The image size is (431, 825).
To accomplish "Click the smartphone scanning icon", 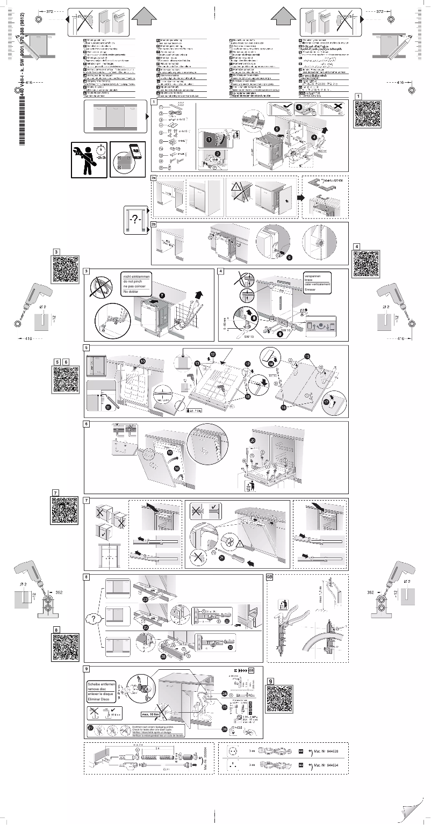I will (127, 160).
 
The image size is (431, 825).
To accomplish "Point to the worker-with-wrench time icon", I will (89, 160).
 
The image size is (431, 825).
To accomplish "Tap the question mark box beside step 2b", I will (135, 219).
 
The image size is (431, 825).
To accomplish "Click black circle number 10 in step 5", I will (142, 362).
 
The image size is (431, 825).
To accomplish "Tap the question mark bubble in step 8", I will (93, 619).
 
